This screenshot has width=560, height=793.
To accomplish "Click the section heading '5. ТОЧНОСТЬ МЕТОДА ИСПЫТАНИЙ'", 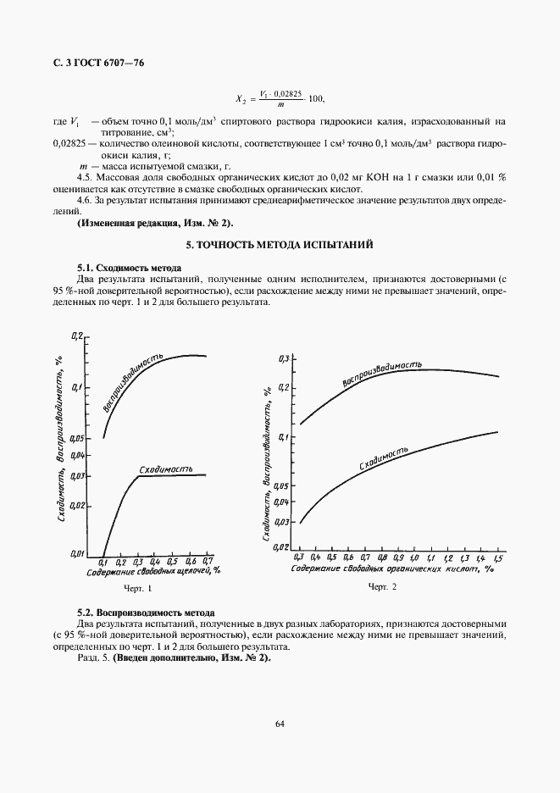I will [280, 244].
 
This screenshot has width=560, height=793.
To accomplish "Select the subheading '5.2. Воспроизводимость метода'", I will [146, 612].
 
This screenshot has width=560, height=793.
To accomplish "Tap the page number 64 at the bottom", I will [280, 723].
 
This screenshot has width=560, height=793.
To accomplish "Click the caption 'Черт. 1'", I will [138, 588].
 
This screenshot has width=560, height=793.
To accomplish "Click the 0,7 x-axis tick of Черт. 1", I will [206, 562].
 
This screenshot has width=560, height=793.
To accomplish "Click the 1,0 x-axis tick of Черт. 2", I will [414, 558].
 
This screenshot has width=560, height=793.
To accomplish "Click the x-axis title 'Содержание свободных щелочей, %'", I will [153, 572].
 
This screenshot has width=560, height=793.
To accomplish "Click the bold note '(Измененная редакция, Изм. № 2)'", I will [154, 223].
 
